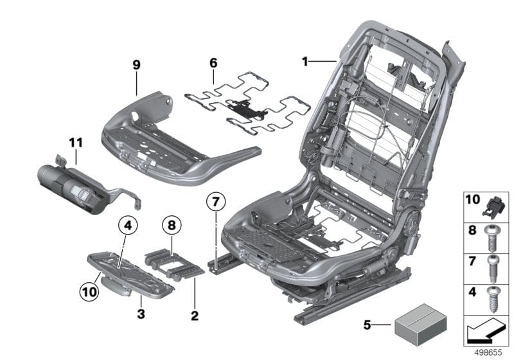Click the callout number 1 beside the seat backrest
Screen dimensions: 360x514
click(306, 62)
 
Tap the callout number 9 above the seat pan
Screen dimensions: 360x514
click(136, 66)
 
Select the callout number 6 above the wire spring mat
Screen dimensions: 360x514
click(213, 63)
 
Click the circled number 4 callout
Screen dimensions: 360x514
click(128, 226)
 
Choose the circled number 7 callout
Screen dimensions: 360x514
click(217, 202)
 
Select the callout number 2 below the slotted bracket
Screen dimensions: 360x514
click(194, 316)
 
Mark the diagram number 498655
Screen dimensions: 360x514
click(489, 352)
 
